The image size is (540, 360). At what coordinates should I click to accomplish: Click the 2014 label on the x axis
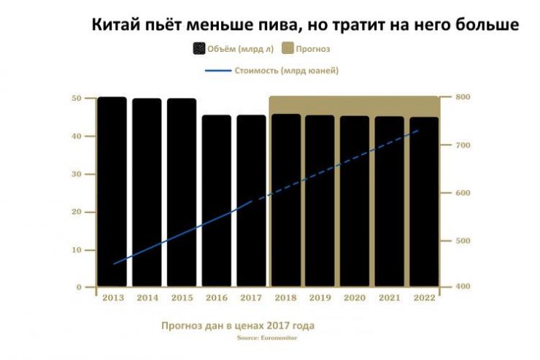147,298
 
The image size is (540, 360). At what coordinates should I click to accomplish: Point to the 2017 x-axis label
251,298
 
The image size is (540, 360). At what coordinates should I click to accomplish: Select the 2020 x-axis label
354,298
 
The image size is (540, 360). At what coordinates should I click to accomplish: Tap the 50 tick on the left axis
77,99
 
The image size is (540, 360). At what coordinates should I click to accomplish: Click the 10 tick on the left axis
77,250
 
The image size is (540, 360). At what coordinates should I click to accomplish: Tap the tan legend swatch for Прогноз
288,49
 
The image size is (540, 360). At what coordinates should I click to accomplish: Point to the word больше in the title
482,25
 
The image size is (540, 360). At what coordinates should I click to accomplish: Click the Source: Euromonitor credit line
267,339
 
